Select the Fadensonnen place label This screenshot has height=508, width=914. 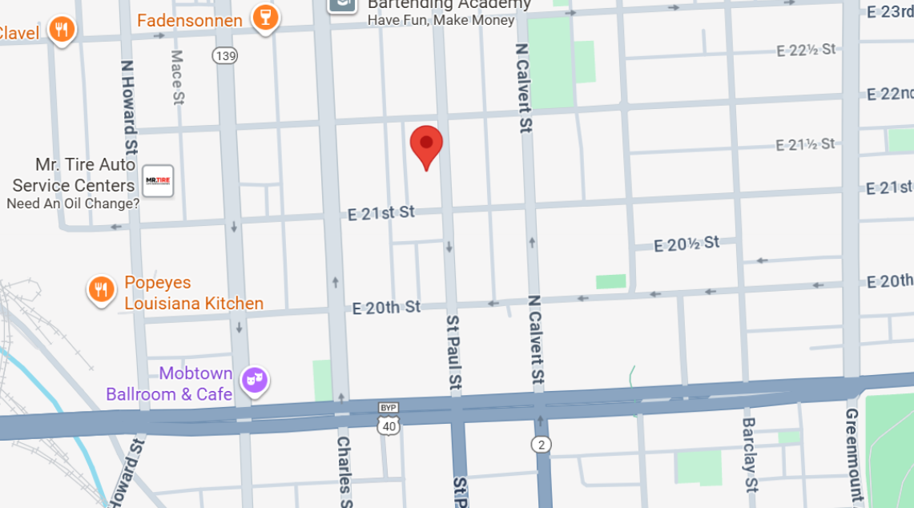[190, 20]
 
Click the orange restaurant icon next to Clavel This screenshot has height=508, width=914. [62, 30]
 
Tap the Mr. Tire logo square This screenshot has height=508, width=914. [158, 181]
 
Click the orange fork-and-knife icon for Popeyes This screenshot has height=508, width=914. [101, 289]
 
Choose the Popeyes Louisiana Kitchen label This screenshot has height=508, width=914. [194, 293]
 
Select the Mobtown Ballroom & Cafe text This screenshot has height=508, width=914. [170, 384]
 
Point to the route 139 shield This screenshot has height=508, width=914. [226, 55]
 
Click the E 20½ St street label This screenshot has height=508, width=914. [687, 244]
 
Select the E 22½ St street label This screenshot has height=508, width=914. [806, 50]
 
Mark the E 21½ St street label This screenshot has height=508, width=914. [805, 144]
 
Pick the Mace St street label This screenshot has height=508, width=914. [177, 77]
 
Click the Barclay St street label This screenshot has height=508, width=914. [749, 454]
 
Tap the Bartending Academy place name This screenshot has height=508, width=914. [449, 5]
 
